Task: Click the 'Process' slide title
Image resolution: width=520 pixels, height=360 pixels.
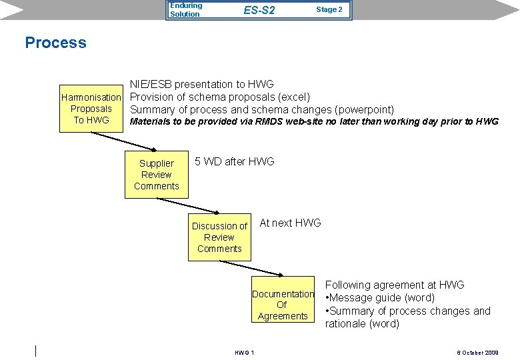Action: point(55,43)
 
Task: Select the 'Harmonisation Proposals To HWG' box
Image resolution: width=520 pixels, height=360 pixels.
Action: point(91,109)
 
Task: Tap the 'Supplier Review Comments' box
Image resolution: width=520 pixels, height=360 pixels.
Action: point(157,175)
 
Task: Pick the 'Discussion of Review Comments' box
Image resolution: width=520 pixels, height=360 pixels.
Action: point(219,237)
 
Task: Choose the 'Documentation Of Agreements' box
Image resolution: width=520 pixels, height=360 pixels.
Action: point(283,305)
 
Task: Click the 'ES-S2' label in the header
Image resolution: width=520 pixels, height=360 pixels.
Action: point(259,11)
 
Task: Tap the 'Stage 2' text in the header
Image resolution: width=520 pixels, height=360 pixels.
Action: point(329,9)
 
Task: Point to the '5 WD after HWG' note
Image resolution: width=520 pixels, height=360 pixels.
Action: point(234,161)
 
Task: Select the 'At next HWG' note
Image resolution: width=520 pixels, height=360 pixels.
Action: point(290,223)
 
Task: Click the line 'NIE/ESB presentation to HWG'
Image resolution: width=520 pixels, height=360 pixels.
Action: point(201,84)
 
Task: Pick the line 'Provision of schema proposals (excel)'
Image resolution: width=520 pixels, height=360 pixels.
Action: point(219,97)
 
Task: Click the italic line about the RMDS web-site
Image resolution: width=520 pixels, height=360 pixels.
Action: point(313,121)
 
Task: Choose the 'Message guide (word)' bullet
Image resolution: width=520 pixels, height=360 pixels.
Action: point(380,298)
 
